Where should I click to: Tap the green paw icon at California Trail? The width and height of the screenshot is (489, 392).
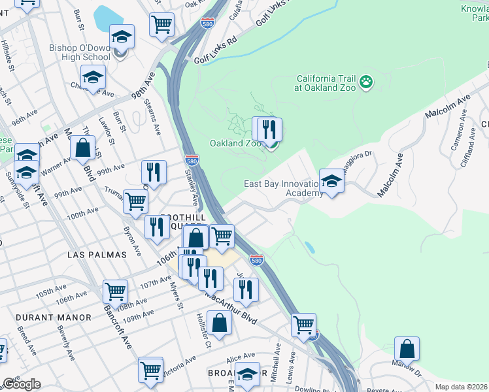tap(367, 82)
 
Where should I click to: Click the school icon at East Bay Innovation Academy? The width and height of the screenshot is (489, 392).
tap(331, 181)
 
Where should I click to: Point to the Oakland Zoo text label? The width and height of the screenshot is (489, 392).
tap(235, 143)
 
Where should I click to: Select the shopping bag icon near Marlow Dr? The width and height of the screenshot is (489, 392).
tap(407, 350)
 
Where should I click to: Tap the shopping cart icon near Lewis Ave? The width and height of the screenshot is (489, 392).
tap(303, 323)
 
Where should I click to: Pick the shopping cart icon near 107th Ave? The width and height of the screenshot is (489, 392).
tap(115, 291)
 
